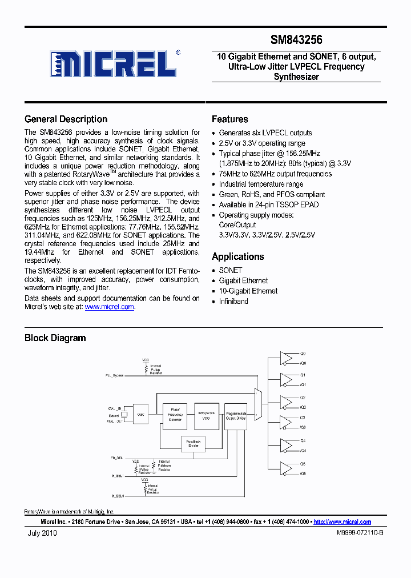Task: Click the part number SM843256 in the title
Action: [x=296, y=40]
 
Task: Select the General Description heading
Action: [x=66, y=119]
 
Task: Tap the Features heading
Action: [x=229, y=119]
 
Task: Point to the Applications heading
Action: [x=237, y=257]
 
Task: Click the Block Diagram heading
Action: [x=55, y=338]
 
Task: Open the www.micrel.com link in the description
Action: [x=109, y=307]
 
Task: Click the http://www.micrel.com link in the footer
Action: [x=342, y=522]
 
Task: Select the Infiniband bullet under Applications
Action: [x=233, y=301]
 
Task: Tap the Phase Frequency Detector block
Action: [x=175, y=414]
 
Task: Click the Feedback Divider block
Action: [x=194, y=443]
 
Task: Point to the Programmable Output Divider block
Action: [x=235, y=415]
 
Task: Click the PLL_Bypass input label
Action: [x=114, y=375]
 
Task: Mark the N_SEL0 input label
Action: [x=118, y=496]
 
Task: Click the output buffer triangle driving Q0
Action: [x=285, y=358]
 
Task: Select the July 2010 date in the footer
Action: [x=42, y=533]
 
